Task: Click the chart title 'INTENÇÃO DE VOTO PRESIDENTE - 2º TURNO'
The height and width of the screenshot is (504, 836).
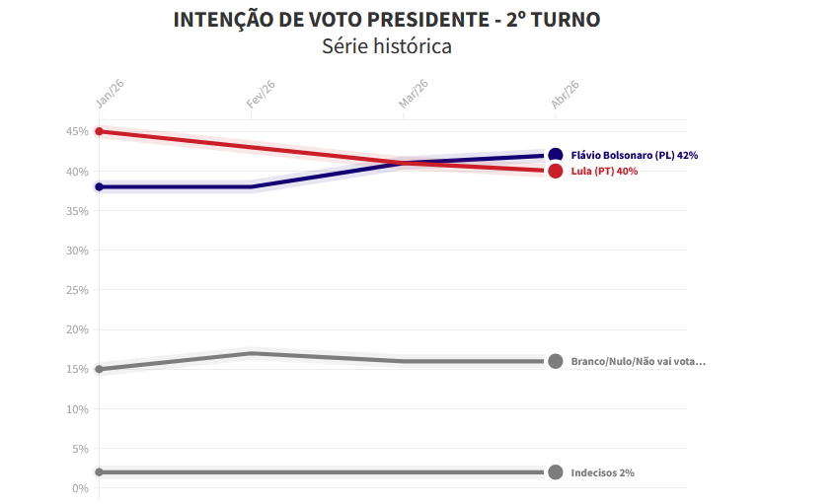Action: point(386,20)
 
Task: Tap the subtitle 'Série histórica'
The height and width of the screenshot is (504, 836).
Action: point(386,46)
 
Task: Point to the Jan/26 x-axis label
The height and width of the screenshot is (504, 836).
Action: point(110,94)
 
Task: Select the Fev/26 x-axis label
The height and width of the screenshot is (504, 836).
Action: point(261,94)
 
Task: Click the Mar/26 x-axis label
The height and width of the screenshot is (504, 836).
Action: point(413,94)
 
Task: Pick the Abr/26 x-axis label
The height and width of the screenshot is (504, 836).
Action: point(565,94)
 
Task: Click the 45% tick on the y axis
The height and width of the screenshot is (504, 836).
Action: point(77,131)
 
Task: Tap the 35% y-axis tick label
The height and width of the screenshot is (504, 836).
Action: point(77,211)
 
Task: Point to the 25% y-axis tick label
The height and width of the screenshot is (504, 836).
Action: point(77,290)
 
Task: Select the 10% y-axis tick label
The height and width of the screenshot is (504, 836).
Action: point(77,409)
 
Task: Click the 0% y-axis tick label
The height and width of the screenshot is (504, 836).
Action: point(80,488)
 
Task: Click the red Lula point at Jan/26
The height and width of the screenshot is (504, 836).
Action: point(99,131)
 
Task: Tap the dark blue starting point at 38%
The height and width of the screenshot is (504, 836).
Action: point(99,186)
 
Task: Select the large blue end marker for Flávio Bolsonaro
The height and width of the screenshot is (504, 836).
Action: point(555,155)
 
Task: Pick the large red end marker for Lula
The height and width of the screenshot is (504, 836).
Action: point(555,171)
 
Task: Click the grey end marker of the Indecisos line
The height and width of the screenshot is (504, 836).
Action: point(555,472)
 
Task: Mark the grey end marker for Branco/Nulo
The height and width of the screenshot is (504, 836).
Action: point(555,361)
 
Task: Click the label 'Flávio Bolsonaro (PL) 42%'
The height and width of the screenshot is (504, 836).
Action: point(635,155)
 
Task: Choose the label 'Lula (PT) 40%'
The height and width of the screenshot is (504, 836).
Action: point(604,171)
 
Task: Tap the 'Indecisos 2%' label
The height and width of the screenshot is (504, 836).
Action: point(602,472)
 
